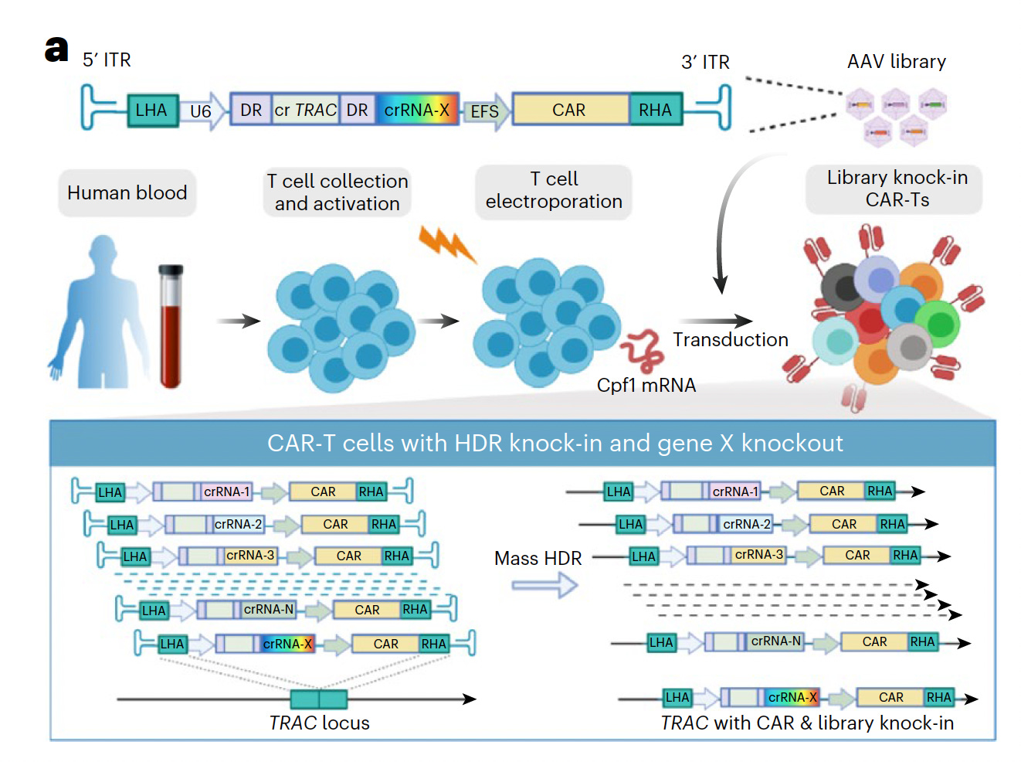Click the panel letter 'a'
pyautogui.click(x=56, y=49)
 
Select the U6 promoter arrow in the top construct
pyautogui.click(x=203, y=111)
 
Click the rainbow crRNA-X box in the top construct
pyautogui.click(x=417, y=110)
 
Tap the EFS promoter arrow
pyautogui.click(x=487, y=111)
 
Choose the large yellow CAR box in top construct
pyautogui.click(x=570, y=110)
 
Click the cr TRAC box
pyautogui.click(x=306, y=110)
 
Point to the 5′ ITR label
pyautogui.click(x=107, y=60)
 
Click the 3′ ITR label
pyautogui.click(x=705, y=62)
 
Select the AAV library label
pyautogui.click(x=896, y=61)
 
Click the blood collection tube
pyautogui.click(x=171, y=325)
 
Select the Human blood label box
pyautogui.click(x=127, y=192)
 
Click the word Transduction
pyautogui.click(x=730, y=339)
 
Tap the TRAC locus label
pyautogui.click(x=319, y=723)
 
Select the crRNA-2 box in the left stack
pyautogui.click(x=238, y=524)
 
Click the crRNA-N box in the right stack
pyautogui.click(x=775, y=641)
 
